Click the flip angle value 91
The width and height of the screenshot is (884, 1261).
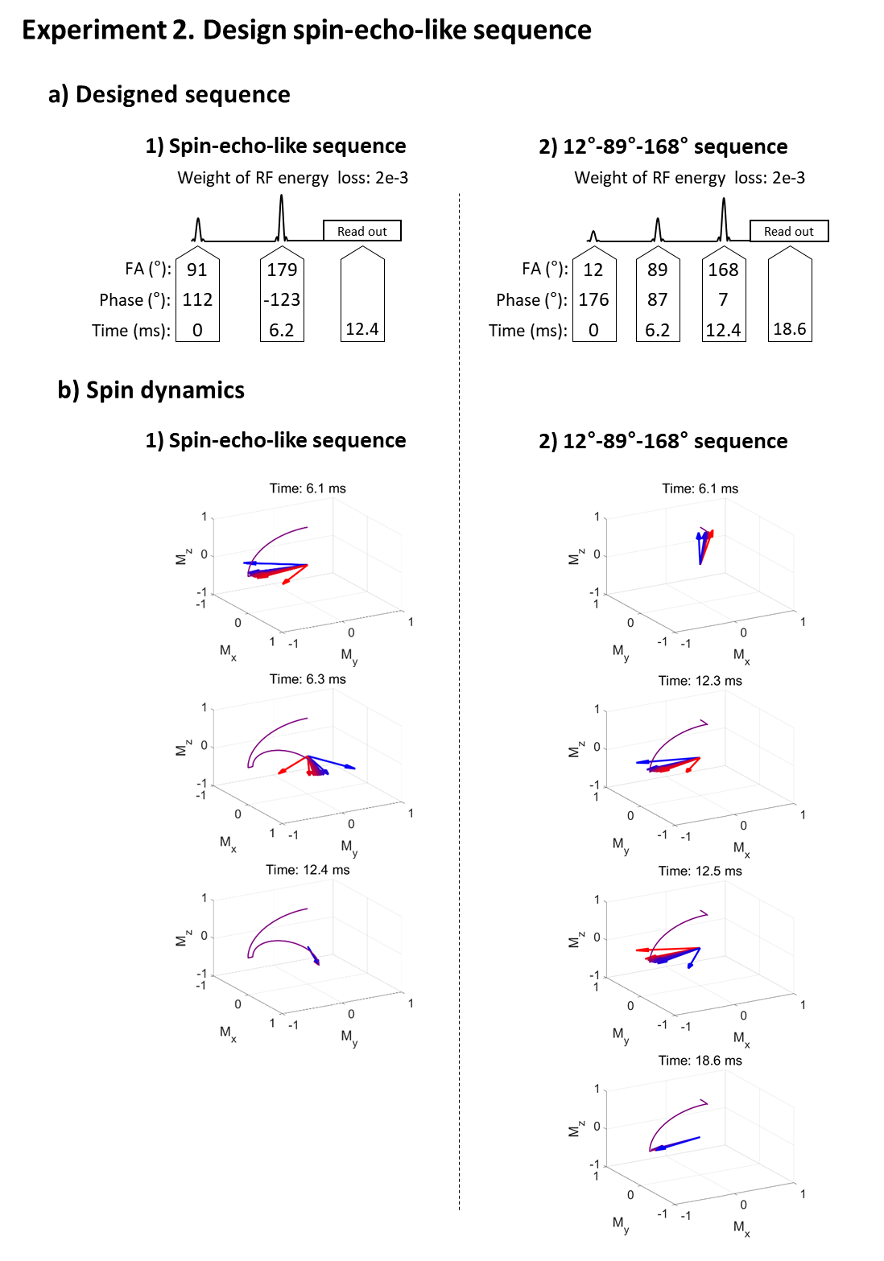[x=197, y=270]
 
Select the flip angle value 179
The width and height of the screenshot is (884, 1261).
[x=282, y=270]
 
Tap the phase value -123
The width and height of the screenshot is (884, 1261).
[x=282, y=299]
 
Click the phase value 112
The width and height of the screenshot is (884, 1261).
[x=197, y=299]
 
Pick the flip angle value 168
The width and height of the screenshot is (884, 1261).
[x=723, y=270]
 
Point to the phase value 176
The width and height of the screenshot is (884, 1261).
[x=593, y=299]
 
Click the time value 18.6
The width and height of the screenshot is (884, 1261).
[x=789, y=328]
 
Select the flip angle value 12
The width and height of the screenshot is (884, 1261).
[x=593, y=270]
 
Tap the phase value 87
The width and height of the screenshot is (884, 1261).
[x=657, y=299]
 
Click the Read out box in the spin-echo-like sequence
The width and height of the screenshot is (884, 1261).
[x=361, y=231]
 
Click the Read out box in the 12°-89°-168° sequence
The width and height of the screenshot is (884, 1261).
[x=788, y=231]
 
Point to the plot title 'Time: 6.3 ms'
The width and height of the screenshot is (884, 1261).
[x=308, y=679]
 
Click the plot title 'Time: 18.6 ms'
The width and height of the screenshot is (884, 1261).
[x=700, y=1061]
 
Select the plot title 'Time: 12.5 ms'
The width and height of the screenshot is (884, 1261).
[x=700, y=871]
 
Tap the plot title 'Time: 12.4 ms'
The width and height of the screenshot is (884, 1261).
[x=308, y=870]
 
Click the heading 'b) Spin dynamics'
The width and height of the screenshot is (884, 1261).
[x=151, y=390]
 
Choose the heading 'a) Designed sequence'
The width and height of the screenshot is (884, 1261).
[x=169, y=95]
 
